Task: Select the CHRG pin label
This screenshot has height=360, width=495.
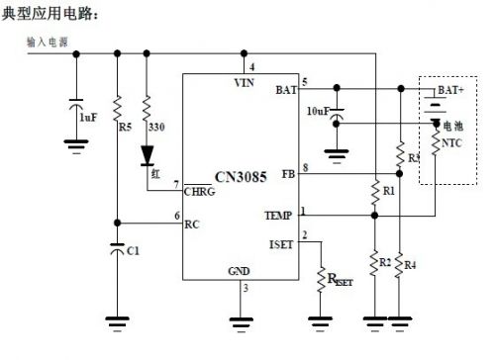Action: (201, 192)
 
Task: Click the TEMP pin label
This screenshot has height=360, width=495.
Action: (278, 215)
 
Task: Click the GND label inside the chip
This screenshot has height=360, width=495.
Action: (239, 270)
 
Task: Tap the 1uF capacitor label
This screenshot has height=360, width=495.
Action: (88, 117)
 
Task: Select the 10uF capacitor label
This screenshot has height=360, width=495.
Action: (318, 111)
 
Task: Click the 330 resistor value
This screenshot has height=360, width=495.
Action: (155, 127)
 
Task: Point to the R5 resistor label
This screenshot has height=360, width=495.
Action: (125, 127)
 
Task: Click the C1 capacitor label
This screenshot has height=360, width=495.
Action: (133, 251)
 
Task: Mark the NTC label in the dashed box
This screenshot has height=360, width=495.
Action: (451, 142)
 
